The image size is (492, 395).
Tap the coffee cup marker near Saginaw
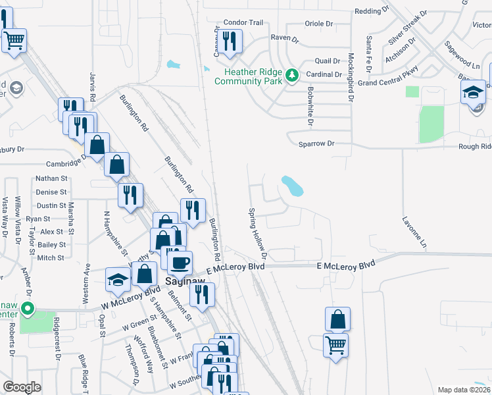pos(180,263)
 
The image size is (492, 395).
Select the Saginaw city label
pos(180,280)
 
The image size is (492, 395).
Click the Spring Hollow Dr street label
pos(258,233)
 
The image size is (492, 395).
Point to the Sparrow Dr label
pos(316,143)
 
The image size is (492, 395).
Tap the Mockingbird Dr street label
pos(351,77)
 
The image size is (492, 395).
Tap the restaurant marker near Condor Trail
pos(230,42)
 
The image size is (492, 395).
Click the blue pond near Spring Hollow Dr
pos(292,186)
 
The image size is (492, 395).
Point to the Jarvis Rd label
pos(93,87)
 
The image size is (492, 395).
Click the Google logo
pos(22,387)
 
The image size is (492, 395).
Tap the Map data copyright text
pos(463,390)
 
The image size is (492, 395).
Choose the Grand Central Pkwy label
pos(388,83)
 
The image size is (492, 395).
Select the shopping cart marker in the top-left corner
pos(14,41)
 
